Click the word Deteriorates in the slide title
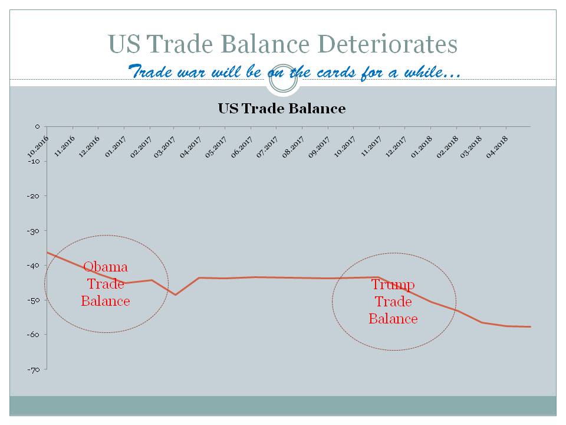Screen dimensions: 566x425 388,44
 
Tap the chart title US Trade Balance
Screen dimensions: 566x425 282,109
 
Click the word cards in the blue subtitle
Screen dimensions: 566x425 336,72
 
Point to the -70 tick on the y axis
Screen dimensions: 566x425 34,370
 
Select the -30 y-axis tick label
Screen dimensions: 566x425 34,231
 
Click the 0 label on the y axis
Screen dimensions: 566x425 37,126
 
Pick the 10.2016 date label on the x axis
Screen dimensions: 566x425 38,146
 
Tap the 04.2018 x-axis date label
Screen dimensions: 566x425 496,147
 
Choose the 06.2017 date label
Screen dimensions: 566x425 242,147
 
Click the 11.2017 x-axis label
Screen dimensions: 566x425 371,146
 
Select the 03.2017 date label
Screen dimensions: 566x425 164,147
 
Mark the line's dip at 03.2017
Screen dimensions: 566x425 176,295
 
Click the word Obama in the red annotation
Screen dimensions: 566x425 106,267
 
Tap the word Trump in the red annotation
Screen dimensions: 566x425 393,285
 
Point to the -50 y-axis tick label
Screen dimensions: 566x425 34,300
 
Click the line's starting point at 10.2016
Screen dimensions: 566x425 47,252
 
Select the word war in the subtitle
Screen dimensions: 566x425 191,72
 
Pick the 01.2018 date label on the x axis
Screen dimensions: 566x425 421,147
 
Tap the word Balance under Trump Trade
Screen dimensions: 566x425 393,319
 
